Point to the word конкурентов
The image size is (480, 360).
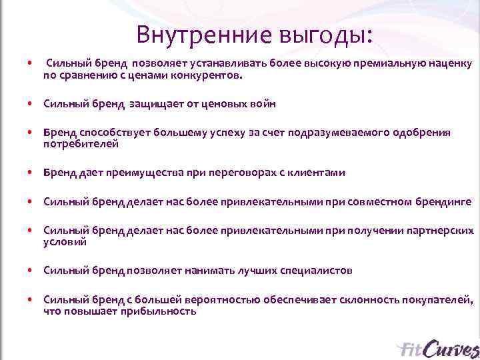[209, 75]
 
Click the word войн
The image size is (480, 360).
[263, 104]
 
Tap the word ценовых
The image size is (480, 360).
[222, 104]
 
